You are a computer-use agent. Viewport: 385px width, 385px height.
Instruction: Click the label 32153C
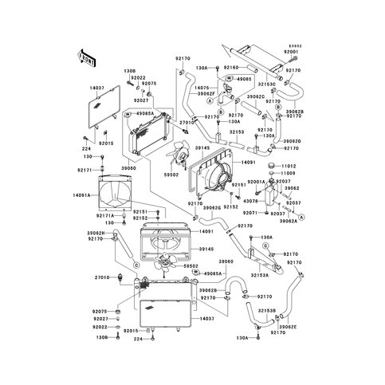266,84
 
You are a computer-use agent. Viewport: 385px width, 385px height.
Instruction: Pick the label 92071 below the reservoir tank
250,214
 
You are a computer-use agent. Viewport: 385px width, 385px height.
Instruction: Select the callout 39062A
290,221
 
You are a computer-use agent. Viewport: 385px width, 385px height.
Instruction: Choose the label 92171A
106,215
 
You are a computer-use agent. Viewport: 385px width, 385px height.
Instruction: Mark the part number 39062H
96,232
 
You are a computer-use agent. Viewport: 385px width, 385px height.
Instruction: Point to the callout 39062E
288,348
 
